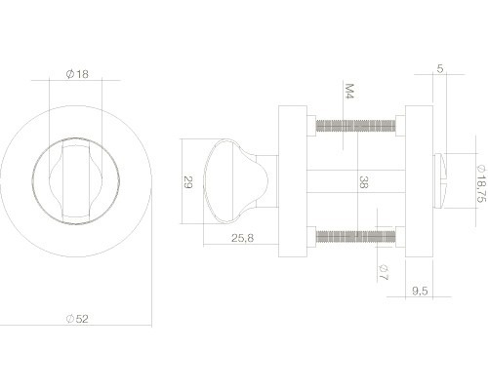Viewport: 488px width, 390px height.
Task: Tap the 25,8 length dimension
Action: tap(230, 237)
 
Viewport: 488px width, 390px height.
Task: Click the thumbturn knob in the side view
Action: tap(226, 180)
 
